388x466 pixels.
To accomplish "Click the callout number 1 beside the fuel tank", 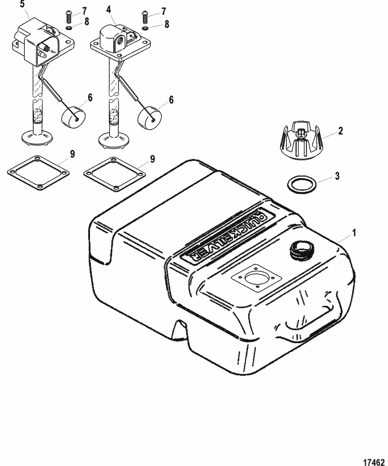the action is click(x=353, y=233).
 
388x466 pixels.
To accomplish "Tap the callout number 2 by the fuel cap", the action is click(x=340, y=131).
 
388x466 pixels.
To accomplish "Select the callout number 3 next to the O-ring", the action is click(x=337, y=176).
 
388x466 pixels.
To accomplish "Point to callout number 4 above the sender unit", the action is click(x=109, y=10).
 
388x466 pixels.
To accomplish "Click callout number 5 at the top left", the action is click(x=23, y=5).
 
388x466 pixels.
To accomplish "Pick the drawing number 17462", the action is click(x=374, y=461).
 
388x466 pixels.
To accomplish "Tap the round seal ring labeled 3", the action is click(x=302, y=185).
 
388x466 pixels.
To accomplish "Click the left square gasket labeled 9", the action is click(x=38, y=173).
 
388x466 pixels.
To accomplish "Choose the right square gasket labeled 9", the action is click(x=115, y=174).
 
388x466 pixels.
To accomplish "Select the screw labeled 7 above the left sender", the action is click(x=68, y=17).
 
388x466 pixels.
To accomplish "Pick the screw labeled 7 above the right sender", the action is click(x=145, y=16).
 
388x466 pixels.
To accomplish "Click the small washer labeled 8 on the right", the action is click(x=145, y=28).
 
